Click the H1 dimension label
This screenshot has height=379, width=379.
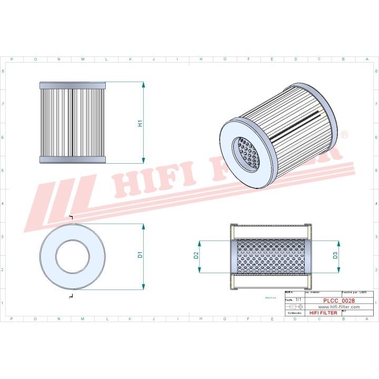coord(140,124)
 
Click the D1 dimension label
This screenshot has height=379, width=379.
coord(140,255)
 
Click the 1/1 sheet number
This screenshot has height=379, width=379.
coord(298,300)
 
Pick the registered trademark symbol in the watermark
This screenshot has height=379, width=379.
coord(344,135)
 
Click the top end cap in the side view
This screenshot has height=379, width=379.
coord(73,85)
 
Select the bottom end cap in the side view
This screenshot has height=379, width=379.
coord(73,160)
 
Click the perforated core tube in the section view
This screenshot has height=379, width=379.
coord(268,256)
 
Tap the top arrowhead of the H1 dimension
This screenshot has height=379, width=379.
coord(143,85)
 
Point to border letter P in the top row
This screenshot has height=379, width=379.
coord(12,59)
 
